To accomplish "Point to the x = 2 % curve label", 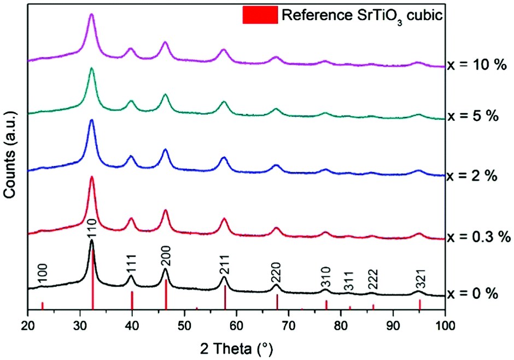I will click(x=471, y=176).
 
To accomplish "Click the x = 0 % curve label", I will click(x=472, y=293).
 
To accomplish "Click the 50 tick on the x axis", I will click(x=184, y=323).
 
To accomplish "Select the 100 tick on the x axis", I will click(x=445, y=323).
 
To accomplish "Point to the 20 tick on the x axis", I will click(x=28, y=323).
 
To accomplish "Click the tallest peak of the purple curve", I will click(x=91, y=15).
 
